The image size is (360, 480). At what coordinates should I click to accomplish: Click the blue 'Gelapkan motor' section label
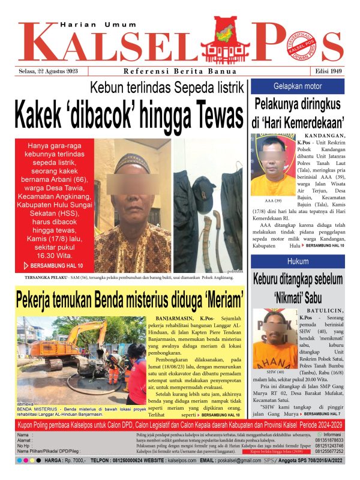click(298, 86)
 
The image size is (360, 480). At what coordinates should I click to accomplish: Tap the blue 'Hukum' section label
click(298, 262)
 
